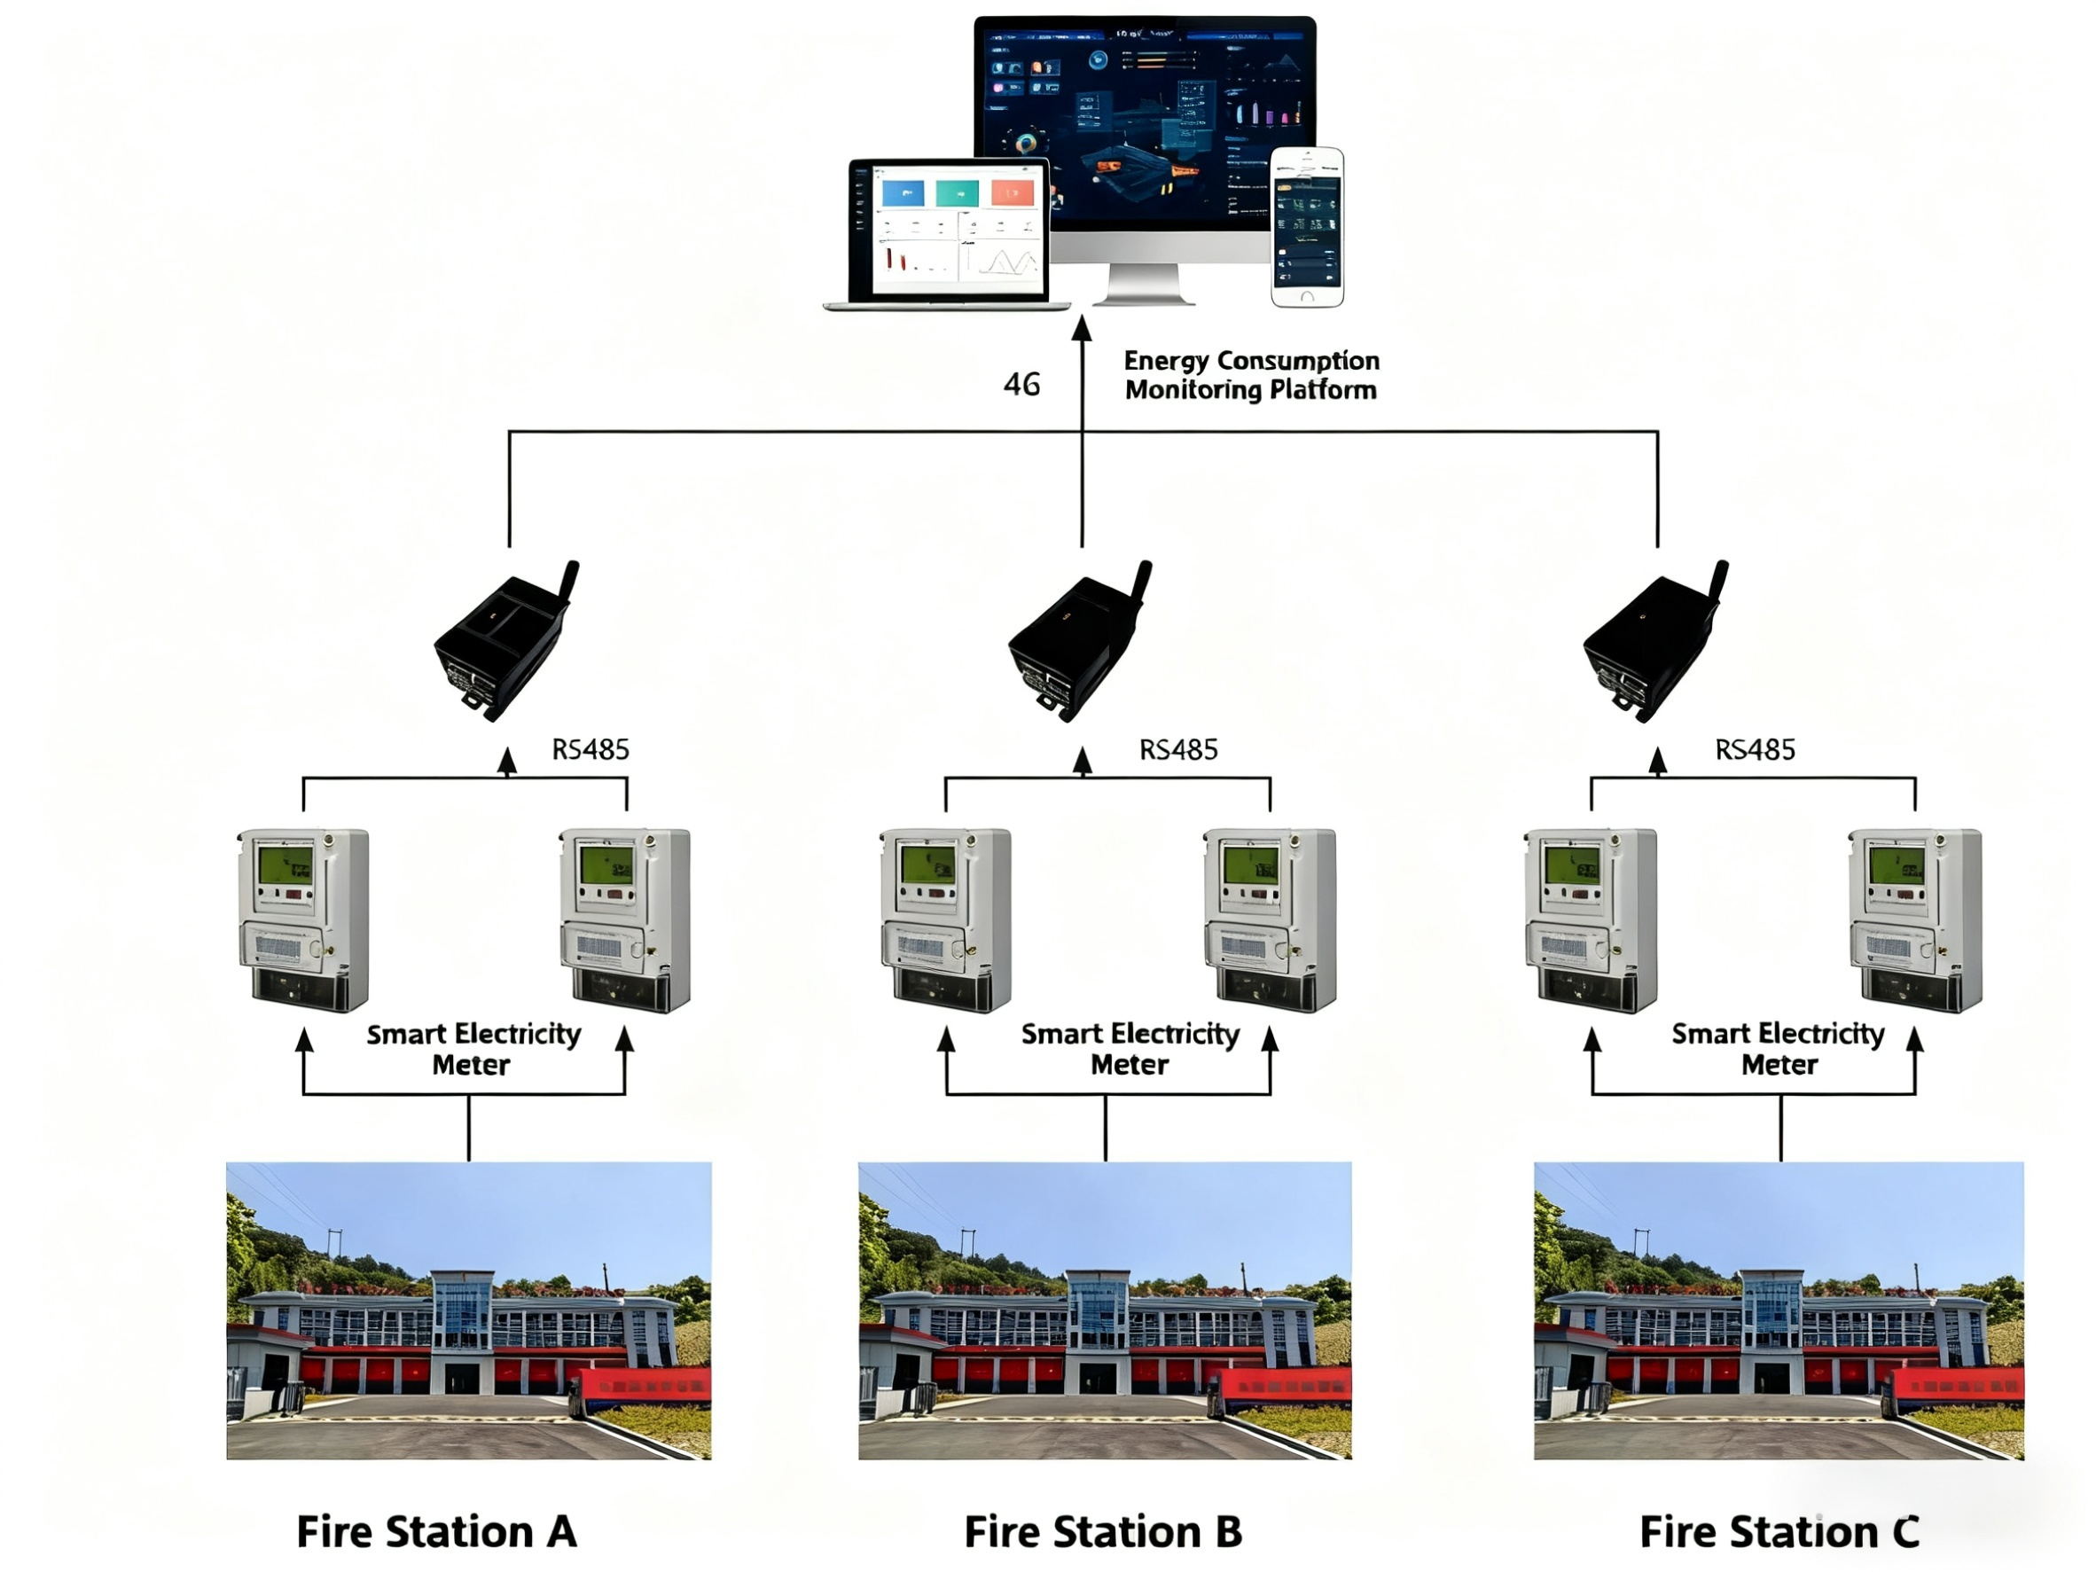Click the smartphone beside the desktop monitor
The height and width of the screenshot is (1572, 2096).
1307,226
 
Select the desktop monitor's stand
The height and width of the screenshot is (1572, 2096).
1144,284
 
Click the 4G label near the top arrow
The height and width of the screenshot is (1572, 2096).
1021,384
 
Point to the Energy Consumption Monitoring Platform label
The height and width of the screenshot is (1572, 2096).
1251,375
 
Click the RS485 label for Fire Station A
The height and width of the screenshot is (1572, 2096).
590,749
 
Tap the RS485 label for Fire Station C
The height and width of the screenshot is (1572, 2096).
1755,749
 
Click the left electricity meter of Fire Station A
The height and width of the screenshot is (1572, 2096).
303,919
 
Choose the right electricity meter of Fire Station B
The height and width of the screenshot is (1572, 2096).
1270,919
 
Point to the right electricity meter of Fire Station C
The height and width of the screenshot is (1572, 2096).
1915,919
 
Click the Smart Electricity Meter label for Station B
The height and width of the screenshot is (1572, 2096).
1130,1048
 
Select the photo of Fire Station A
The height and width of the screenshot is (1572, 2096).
469,1310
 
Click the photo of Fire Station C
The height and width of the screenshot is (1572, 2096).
1779,1310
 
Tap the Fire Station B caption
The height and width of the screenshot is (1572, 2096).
1103,1531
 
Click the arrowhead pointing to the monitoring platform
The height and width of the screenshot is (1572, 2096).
1081,328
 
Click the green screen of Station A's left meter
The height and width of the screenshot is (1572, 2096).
285,865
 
